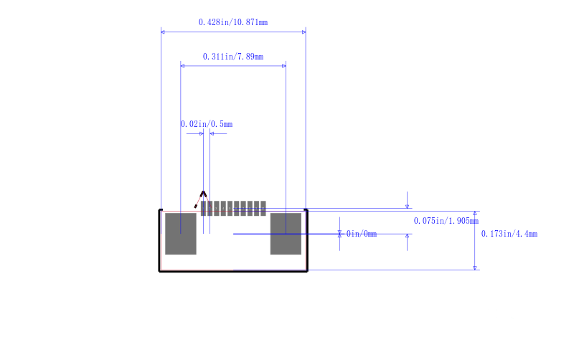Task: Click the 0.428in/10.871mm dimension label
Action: [x=232, y=22]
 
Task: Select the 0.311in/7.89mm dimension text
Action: [x=232, y=57]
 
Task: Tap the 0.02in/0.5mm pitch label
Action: [x=207, y=124]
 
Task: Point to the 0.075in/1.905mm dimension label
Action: [x=446, y=221]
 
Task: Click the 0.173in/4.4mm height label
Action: [x=509, y=234]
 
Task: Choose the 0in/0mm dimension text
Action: [x=362, y=234]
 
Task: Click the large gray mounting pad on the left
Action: [x=181, y=234]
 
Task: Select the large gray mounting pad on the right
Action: [x=286, y=234]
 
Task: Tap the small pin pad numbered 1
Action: [x=203, y=209]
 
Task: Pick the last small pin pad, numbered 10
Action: [x=263, y=209]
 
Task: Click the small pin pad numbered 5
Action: [x=230, y=209]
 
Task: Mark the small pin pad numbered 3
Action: [x=217, y=209]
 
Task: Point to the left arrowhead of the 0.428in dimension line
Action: [x=163, y=32]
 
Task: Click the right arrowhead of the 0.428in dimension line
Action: [x=304, y=32]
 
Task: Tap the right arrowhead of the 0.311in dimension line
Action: [x=283, y=66]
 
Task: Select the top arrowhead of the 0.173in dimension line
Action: [x=475, y=213]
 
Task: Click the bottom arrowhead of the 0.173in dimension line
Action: [x=475, y=267]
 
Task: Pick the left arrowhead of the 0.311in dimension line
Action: [x=183, y=66]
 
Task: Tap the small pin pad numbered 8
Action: [x=250, y=209]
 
